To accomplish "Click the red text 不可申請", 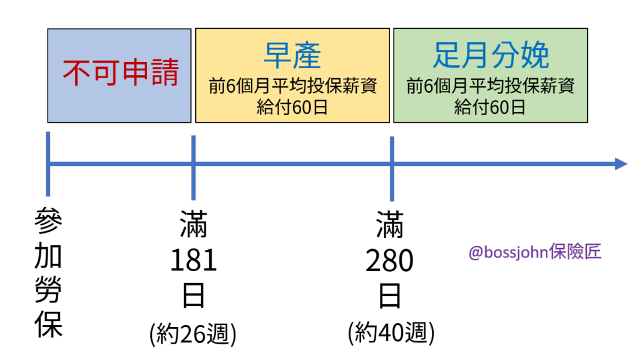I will pos(120,73).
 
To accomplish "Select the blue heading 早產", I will pos(292,56).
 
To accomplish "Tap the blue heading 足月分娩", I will pos(490,56).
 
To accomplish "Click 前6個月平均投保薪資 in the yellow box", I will pos(292,86).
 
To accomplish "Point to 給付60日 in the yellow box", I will pos(292,107).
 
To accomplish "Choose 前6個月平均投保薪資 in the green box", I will pos(490,86).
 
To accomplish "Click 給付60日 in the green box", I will pos(490,107).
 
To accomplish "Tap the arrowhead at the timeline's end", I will pos(620,164).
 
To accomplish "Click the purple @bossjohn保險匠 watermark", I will pos(535,252).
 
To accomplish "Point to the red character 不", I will pos(76,73).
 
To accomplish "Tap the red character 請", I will pos(163,73).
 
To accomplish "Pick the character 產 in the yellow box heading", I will pos(307,56).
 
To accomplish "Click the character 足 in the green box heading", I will pos(446,56).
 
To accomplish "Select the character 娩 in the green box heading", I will pos(535,56).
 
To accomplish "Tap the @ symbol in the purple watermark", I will pos(475,253).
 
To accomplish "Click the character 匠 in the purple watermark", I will pos(593,252).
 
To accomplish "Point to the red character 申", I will pos(134,73).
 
